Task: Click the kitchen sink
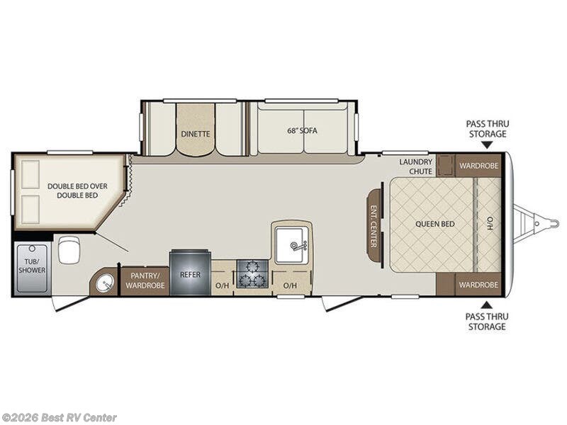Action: coord(291,242)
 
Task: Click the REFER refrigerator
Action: coord(189,273)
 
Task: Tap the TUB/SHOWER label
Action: coord(32,266)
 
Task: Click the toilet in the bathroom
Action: coord(69,249)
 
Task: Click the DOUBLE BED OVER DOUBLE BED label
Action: coord(77,191)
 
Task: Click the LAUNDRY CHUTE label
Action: coord(415,166)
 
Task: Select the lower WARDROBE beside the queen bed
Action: coord(478,284)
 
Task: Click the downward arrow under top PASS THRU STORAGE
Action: coord(486,145)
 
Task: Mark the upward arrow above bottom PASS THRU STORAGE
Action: coord(486,305)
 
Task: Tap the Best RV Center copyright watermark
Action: coord(60,417)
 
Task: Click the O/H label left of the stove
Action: coord(222,285)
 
